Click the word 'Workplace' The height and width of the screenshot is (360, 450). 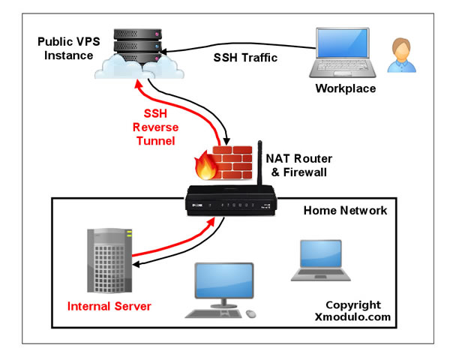tap(346, 89)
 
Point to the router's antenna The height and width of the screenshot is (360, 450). tap(261, 162)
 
